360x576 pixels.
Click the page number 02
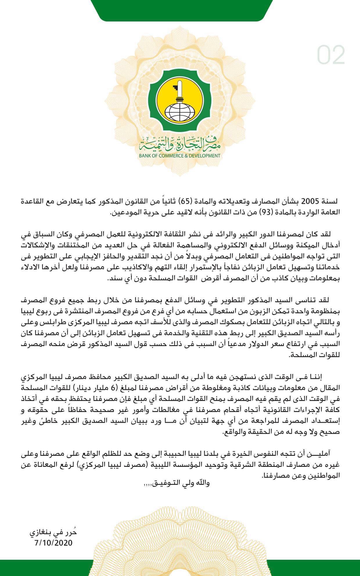[331, 55]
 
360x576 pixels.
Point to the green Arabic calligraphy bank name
[180, 144]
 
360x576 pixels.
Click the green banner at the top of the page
[180, 10]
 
